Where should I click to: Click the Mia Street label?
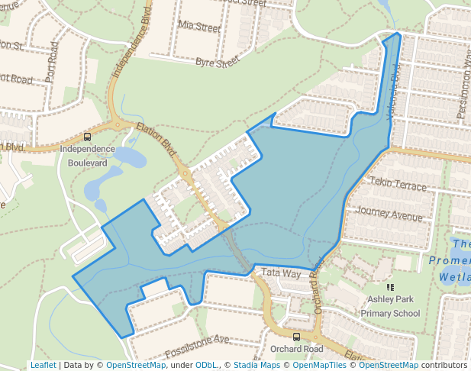pos(198,26)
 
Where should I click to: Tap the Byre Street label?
pos(218,62)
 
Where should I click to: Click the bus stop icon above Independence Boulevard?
pos(87,137)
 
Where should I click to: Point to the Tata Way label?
pos(282,272)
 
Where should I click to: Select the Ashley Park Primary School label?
pos(390,306)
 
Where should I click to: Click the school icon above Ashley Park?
pos(390,288)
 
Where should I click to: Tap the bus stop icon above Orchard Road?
pos(296,337)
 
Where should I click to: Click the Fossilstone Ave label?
pos(196,345)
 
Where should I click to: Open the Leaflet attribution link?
pos(43,365)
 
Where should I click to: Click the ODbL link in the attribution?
pos(206,365)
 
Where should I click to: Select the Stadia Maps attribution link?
pos(256,365)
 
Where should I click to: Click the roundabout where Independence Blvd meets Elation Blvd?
pos(119,125)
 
